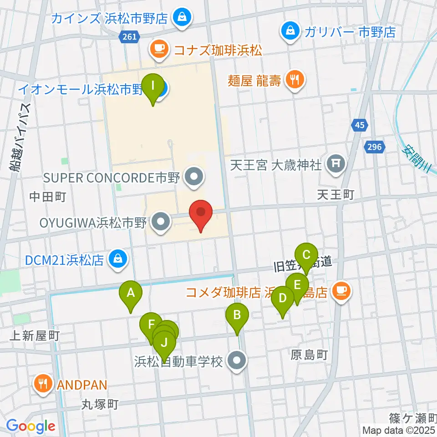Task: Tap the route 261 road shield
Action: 129,37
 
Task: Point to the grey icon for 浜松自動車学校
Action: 237,362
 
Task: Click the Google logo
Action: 31,426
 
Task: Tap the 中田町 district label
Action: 48,197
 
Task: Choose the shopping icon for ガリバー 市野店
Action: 290,32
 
